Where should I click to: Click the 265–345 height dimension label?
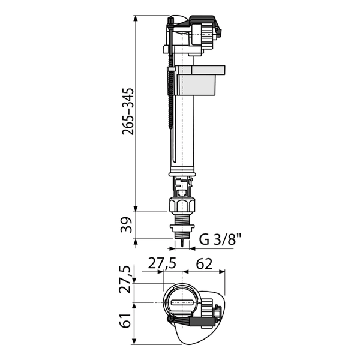(128, 112)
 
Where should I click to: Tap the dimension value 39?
(127, 225)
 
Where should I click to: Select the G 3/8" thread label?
(220, 239)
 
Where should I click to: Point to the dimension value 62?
(204, 264)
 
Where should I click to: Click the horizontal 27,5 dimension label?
(162, 263)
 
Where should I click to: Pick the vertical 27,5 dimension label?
(125, 280)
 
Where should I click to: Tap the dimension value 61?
(125, 320)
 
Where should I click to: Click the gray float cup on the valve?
(199, 80)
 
